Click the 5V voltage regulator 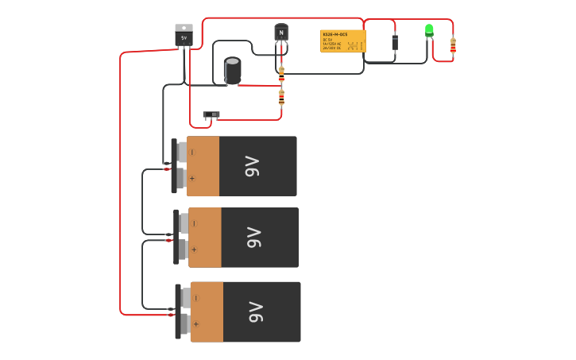pyautogui.click(x=184, y=35)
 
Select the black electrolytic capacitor pyautogui.click(x=232, y=70)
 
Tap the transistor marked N pyautogui.click(x=281, y=33)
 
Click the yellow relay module pyautogui.click(x=342, y=41)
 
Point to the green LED pyautogui.click(x=429, y=30)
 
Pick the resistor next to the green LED pyautogui.click(x=453, y=46)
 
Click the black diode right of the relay pyautogui.click(x=395, y=42)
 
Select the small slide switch pyautogui.click(x=211, y=114)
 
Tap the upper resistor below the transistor pyautogui.click(x=281, y=74)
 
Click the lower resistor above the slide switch pyautogui.click(x=281, y=98)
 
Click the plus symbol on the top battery pyautogui.click(x=192, y=179)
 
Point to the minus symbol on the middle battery pyautogui.click(x=194, y=223)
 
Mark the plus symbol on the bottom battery pyautogui.click(x=195, y=324)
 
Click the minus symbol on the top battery pyautogui.click(x=192, y=152)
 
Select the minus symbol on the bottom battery pyautogui.click(x=195, y=298)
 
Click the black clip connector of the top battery pyautogui.click(x=174, y=165)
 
